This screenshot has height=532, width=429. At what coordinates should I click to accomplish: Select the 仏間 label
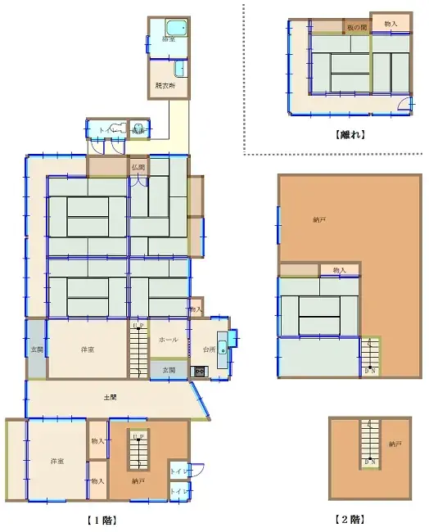tap(138, 168)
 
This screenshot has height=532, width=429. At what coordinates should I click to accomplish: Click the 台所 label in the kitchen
tap(208, 349)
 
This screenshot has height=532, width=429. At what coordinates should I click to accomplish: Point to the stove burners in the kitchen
tap(199, 372)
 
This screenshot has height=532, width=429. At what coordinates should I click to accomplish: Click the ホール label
tap(169, 339)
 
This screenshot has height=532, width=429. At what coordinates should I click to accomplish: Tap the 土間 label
tap(108, 398)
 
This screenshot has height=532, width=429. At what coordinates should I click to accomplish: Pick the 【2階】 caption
tap(350, 519)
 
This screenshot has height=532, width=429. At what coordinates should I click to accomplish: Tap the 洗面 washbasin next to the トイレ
tap(138, 130)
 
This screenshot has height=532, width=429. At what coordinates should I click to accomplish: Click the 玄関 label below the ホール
tap(168, 371)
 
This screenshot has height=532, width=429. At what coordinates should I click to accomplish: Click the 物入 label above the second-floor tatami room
tap(340, 270)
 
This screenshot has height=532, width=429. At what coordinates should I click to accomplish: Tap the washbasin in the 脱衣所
tap(179, 69)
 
